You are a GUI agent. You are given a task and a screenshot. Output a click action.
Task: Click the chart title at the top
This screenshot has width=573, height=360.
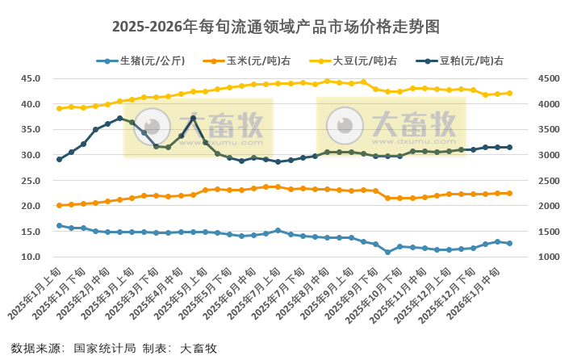click(x=286, y=27)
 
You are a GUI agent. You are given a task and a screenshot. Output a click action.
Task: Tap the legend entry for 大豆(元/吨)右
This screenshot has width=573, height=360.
click(x=358, y=61)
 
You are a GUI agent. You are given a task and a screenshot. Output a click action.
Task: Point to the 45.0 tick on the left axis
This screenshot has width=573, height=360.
click(x=30, y=78)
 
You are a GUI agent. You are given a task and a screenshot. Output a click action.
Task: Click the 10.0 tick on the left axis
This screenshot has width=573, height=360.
click(x=30, y=257)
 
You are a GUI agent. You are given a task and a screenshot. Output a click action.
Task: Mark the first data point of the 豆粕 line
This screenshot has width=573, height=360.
click(x=59, y=159)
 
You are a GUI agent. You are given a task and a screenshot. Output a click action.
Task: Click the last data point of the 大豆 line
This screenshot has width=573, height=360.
click(x=509, y=93)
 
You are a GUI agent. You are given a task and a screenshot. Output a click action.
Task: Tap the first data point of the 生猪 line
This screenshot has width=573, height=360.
click(x=59, y=226)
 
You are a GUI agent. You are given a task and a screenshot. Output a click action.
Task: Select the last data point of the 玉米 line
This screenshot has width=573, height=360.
click(x=509, y=193)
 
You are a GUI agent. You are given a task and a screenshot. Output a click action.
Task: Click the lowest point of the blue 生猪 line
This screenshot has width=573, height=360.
click(x=387, y=252)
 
